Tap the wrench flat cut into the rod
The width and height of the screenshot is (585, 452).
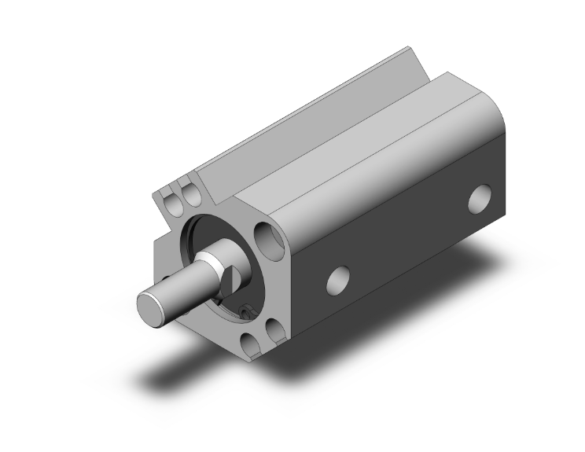pos(234,279)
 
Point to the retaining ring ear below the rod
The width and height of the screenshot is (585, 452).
pos(245,312)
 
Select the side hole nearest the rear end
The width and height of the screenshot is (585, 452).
pos(479,197)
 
